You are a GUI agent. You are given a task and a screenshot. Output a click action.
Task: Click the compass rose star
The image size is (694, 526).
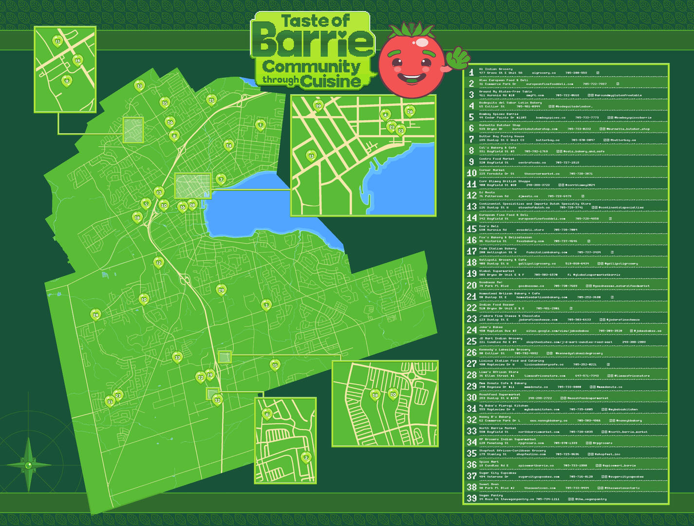29,465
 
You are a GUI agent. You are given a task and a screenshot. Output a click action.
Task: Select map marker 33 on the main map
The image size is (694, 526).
140,86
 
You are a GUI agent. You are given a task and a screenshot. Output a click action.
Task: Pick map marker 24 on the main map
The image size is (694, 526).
95,315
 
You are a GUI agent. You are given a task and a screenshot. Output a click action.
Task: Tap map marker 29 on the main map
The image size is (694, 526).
221,290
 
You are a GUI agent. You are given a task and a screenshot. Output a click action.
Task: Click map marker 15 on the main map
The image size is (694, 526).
275,364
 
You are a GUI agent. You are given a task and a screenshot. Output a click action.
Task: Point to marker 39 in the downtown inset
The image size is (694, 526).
318,105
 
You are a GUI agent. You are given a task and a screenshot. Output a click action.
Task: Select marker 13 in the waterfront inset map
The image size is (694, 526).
311,155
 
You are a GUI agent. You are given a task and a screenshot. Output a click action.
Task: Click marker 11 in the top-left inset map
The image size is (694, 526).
57,41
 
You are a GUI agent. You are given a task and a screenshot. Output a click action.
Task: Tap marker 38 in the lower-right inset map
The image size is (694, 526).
375,394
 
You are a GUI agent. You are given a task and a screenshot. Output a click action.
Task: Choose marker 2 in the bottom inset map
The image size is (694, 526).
306,457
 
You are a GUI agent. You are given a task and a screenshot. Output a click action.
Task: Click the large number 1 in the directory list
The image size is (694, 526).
471,72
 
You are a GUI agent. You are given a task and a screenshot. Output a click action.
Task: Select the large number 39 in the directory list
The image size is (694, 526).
471,498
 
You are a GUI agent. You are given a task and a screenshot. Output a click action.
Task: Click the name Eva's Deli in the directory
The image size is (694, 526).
488,226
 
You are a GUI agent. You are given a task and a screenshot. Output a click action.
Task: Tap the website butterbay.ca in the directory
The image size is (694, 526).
547,140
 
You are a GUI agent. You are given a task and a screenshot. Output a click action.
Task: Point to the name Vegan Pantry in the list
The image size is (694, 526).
490,495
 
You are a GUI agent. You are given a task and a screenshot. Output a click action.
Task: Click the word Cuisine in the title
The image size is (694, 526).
331,81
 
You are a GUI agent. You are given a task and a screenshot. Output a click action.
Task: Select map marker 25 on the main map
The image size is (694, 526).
211,100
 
